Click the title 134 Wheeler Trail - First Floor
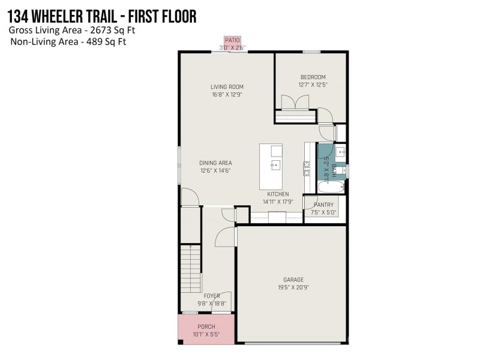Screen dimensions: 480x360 [101, 17]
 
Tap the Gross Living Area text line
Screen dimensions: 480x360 [72, 31]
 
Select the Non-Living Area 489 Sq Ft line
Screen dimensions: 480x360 [68, 41]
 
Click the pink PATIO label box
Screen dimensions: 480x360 [232, 40]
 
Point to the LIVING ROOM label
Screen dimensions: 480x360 [227, 87]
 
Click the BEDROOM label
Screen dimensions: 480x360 [313, 77]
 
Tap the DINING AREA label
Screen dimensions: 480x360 [215, 163]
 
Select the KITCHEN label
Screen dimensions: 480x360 [278, 194]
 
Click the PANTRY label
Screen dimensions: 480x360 [323, 205]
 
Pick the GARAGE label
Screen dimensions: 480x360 [293, 280]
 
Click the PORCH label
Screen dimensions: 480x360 [206, 326]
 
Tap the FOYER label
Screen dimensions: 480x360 [212, 296]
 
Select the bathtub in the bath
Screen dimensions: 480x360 [331, 187]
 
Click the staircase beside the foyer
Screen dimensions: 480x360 [190, 268]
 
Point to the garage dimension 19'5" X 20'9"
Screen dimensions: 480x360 [293, 287]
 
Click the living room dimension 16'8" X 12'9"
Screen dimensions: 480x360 [227, 95]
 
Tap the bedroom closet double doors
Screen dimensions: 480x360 [295, 102]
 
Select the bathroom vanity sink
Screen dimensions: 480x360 [340, 152]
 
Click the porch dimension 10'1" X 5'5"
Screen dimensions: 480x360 [206, 334]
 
